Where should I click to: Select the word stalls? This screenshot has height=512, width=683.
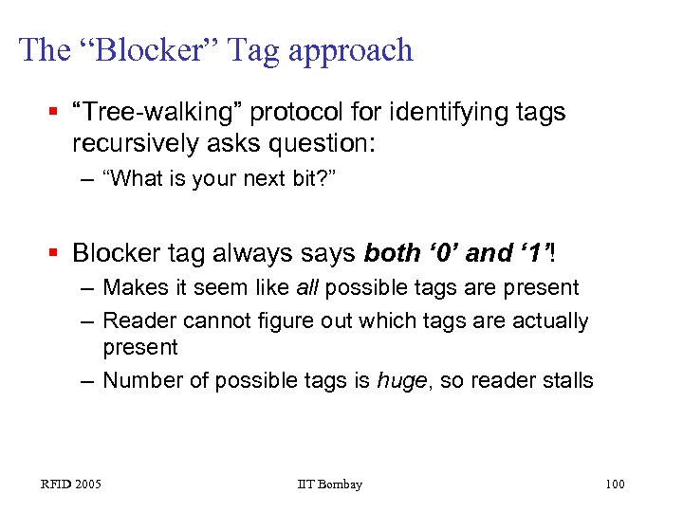(566, 381)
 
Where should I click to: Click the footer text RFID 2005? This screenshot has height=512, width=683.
(70, 485)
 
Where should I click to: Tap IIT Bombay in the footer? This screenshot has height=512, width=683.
(329, 485)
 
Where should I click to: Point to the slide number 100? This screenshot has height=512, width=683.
(614, 485)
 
